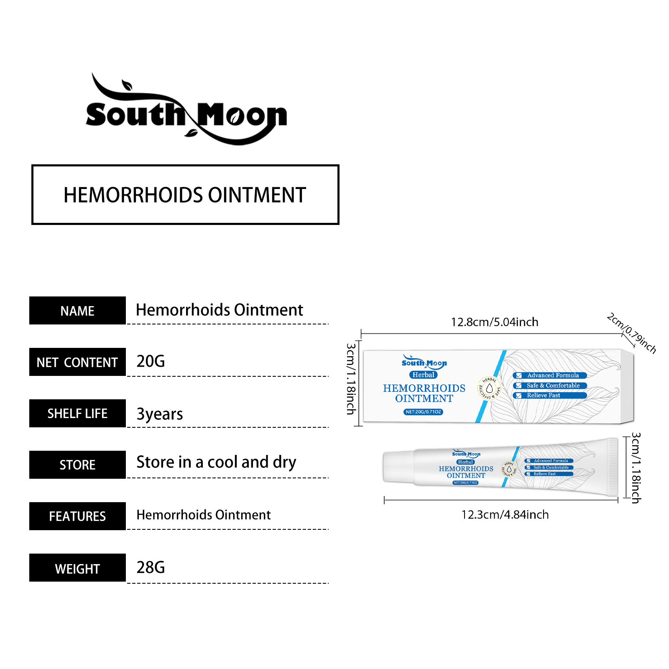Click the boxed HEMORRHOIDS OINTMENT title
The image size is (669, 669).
(x=185, y=195)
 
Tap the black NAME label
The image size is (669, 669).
(x=77, y=311)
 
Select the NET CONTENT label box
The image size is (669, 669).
(x=77, y=362)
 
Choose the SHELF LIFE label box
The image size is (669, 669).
(x=77, y=414)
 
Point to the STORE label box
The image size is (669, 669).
(x=77, y=465)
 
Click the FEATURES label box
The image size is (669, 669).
(x=77, y=516)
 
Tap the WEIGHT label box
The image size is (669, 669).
(x=77, y=568)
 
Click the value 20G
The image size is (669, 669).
(x=151, y=361)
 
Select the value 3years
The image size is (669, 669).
(x=160, y=414)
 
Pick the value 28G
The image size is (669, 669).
(x=151, y=567)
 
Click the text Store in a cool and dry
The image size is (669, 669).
(x=216, y=462)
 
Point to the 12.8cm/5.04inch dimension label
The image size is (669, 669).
(x=494, y=322)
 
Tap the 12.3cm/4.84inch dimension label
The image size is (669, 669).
(x=505, y=515)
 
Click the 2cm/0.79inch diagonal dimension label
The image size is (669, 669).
(x=631, y=333)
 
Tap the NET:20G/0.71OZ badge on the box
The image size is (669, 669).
(x=423, y=412)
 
